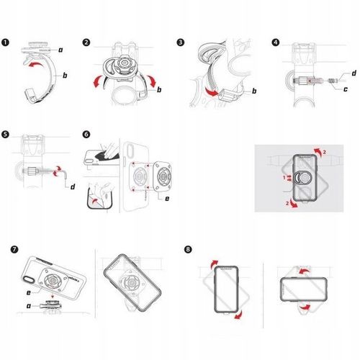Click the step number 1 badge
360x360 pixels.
[6, 42]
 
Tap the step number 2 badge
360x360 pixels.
[87, 42]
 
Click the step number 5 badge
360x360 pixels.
[6, 134]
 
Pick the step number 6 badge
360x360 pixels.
[87, 134]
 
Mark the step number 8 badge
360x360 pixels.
[188, 250]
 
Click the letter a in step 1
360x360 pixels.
[60, 49]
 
